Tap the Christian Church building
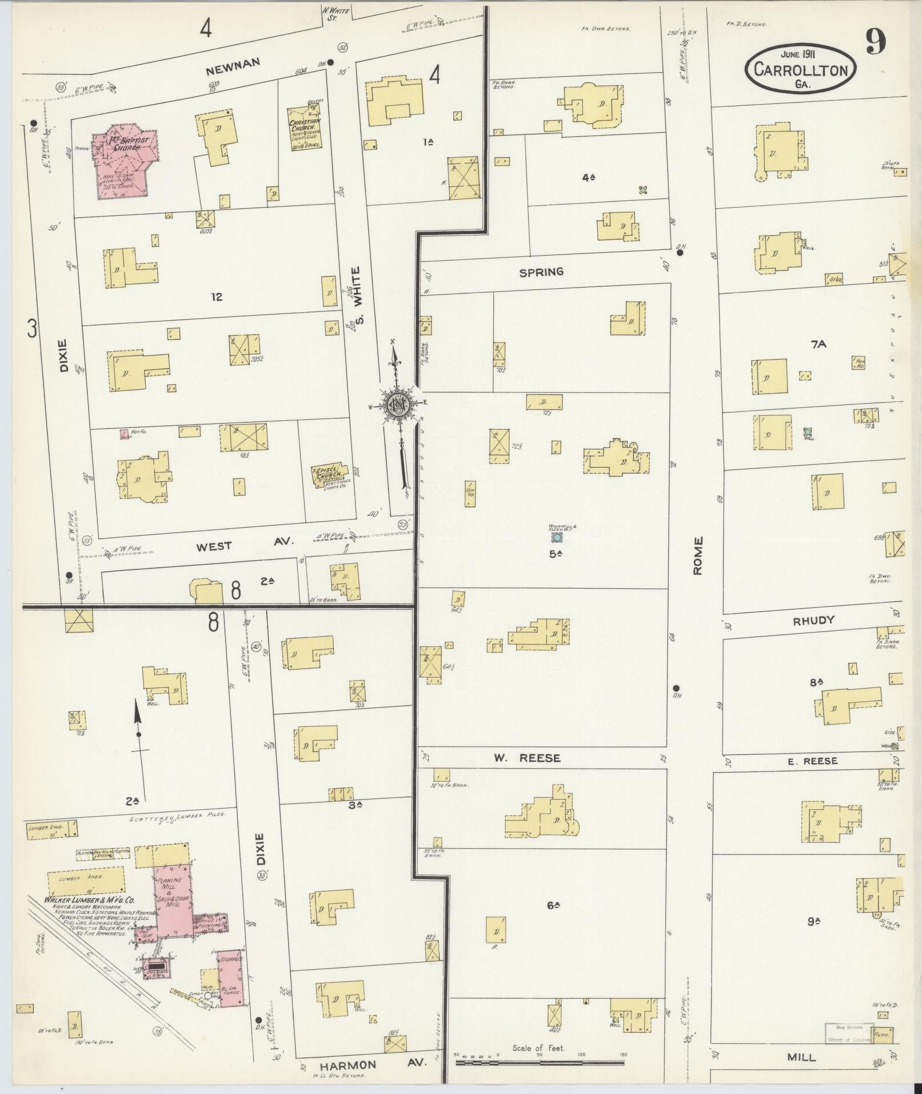pos(304,128)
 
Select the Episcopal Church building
pos(330,474)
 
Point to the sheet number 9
pos(875,42)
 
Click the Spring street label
pos(541,272)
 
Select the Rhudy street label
pos(813,620)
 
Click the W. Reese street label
pos(527,758)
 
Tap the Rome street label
pos(697,559)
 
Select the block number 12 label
pos(216,297)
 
